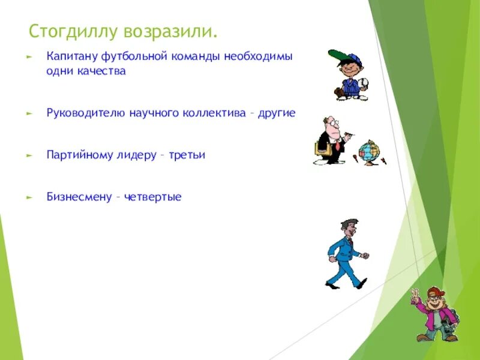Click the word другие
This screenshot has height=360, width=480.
click(277, 113)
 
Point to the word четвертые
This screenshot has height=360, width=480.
click(153, 197)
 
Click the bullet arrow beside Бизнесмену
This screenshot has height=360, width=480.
click(29, 197)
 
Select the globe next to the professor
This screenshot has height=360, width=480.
click(370, 151)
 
